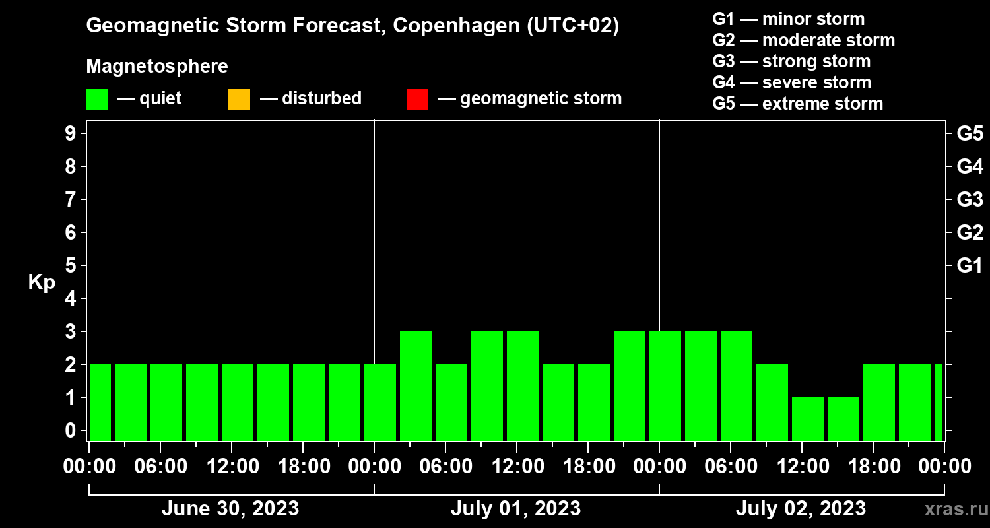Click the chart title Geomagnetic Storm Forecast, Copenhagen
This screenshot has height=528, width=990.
pyautogui.click(x=352, y=26)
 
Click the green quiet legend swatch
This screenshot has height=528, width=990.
pyautogui.click(x=96, y=99)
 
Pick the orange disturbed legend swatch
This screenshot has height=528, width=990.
pyautogui.click(x=239, y=99)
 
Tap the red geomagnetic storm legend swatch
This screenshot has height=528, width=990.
pyautogui.click(x=417, y=99)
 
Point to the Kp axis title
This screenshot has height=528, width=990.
pyautogui.click(x=42, y=282)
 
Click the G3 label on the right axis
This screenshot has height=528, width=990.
pyautogui.click(x=970, y=199)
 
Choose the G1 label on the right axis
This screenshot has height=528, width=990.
pyautogui.click(x=970, y=265)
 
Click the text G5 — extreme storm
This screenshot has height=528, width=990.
pyautogui.click(x=797, y=104)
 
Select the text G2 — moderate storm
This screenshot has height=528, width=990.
pyautogui.click(x=803, y=40)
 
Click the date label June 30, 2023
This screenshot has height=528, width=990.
pyautogui.click(x=230, y=509)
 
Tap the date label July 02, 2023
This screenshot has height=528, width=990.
pyautogui.click(x=801, y=509)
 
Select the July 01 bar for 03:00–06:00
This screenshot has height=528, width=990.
pyautogui.click(x=416, y=385)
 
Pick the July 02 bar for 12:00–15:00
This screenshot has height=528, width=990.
pyautogui.click(x=808, y=418)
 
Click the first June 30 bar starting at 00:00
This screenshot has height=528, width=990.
pyautogui.click(x=100, y=402)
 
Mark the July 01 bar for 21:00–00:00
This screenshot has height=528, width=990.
pyautogui.click(x=630, y=385)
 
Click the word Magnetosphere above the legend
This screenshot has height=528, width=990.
pyautogui.click(x=157, y=67)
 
